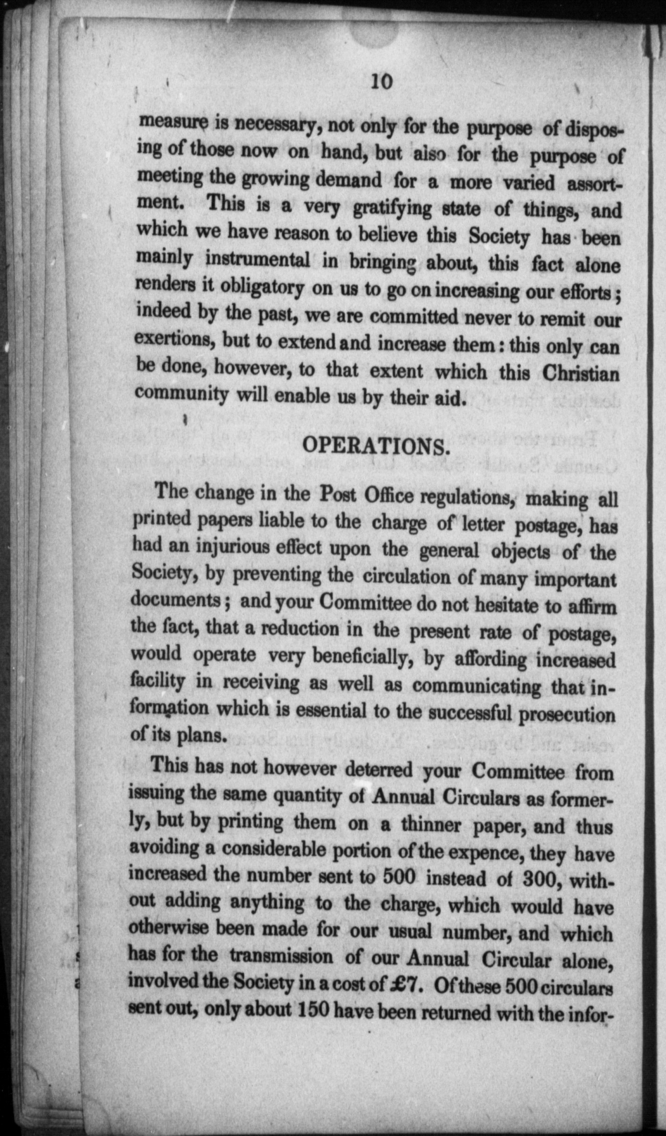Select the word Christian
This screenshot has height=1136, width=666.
point(581,373)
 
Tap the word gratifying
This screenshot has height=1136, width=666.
point(393,209)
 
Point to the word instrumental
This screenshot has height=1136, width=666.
point(258,259)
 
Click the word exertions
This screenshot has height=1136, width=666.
point(173,339)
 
